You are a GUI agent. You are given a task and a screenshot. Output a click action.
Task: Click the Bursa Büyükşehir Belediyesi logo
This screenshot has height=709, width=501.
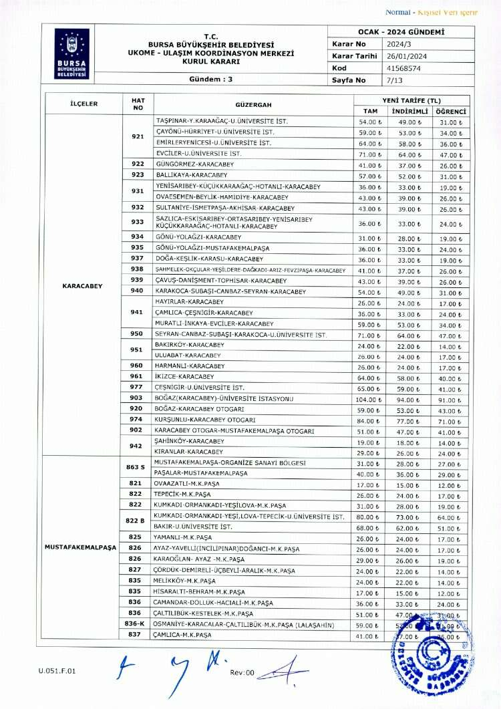pyautogui.click(x=71, y=53)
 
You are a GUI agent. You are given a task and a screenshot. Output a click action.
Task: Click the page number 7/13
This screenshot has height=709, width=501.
pyautogui.click(x=395, y=80)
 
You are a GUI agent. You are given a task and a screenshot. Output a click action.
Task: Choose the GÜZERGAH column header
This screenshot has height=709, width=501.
pyautogui.click(x=253, y=104)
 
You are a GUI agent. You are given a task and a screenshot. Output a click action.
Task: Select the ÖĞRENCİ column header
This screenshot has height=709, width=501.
pyautogui.click(x=451, y=111)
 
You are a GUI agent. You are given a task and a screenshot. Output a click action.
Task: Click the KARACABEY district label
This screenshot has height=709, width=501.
pyautogui.click(x=82, y=286)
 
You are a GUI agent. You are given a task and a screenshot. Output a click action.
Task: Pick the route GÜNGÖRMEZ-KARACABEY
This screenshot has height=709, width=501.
pyautogui.click(x=192, y=164)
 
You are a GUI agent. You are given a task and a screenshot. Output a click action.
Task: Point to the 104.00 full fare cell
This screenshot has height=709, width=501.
pyautogui.click(x=369, y=398)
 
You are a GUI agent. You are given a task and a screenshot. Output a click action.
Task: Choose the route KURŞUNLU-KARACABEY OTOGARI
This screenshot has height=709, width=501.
pyautogui.click(x=204, y=420)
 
